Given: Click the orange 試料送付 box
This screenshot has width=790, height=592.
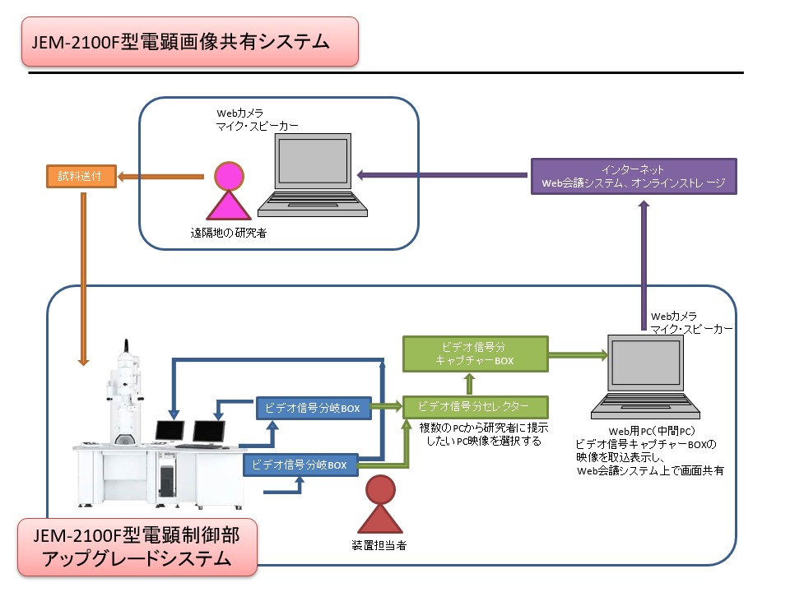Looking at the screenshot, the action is tap(81, 176).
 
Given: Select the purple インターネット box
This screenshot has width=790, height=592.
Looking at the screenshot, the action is tap(634, 176).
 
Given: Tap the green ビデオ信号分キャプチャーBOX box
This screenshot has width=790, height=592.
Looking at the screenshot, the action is tap(475, 354).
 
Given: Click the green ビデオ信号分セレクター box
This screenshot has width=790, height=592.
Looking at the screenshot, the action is tap(475, 407).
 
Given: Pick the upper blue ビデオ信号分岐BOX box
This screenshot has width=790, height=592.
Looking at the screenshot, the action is tap(314, 408).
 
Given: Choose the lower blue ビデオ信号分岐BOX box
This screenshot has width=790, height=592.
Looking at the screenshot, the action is tap(300, 465).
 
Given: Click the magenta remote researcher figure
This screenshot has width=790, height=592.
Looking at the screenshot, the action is tap(230, 190).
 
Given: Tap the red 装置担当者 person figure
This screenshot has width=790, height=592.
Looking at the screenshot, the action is tap(380, 504).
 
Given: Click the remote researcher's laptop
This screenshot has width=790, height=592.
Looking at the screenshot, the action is tap(313, 175).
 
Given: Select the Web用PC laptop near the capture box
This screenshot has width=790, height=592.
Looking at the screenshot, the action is tap(645, 377).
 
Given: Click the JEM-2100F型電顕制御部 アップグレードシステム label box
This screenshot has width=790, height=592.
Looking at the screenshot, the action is tap(137, 548).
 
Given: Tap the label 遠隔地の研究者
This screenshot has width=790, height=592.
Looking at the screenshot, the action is tap(228, 233).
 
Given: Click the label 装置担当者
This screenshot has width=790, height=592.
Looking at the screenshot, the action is tap(379, 545).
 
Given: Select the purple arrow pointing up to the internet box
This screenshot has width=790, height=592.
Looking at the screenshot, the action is tap(644, 266).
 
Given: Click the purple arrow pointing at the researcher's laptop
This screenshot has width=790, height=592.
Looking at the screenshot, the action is tap(442, 175).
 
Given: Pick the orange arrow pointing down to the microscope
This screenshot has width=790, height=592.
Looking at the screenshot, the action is tap(84, 279).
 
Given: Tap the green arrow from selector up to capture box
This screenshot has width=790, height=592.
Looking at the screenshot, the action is tap(470, 384).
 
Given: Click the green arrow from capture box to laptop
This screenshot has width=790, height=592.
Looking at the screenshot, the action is tap(579, 354).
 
